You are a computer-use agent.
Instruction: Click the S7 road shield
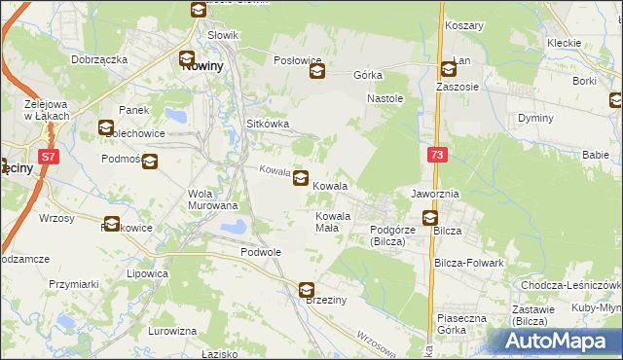48,155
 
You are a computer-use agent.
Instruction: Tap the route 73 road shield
437,155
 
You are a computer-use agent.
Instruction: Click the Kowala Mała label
332,221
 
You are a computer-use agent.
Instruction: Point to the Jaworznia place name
434,195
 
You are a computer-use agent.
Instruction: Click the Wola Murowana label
213,198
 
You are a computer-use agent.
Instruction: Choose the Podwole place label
260,251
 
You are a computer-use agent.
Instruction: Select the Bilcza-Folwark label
469,263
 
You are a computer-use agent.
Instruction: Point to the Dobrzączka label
100,59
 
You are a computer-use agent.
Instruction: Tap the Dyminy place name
535,118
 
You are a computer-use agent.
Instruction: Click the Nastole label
385,99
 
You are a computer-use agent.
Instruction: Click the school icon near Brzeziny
307,289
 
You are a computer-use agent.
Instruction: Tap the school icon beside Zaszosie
448,69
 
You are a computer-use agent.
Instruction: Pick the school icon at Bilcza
429,218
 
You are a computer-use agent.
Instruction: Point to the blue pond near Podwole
234,229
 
